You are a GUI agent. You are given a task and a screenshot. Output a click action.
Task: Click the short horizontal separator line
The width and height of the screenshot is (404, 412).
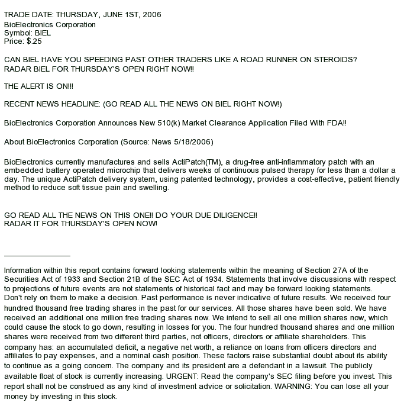coord(37,256)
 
